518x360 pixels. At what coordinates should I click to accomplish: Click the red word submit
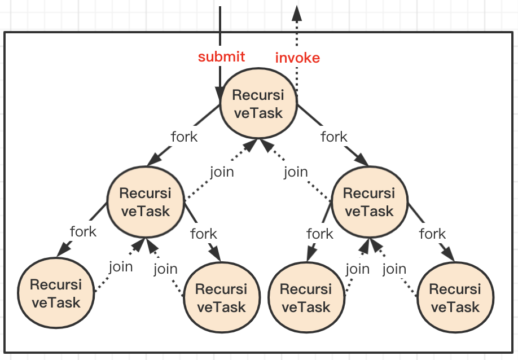(221, 56)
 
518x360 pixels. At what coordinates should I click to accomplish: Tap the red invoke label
(297, 58)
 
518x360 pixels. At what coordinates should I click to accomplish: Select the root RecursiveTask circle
(258, 103)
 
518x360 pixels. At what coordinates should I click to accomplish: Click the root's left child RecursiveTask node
(146, 201)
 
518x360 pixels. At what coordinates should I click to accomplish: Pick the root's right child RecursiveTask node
(370, 201)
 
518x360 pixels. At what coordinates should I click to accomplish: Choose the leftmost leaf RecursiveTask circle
(56, 293)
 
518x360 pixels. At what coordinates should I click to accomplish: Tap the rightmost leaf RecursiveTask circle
(455, 297)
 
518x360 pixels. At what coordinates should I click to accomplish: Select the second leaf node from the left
(221, 297)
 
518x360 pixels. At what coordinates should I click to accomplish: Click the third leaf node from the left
(306, 297)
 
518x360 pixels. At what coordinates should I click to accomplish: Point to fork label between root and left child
(185, 137)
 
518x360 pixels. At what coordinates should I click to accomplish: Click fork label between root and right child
(334, 137)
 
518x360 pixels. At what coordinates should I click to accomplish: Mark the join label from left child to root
(222, 172)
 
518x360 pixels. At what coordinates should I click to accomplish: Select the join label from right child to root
(296, 172)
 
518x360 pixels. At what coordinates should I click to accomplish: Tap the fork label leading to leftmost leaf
(84, 231)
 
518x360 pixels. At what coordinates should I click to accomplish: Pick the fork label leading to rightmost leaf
(432, 234)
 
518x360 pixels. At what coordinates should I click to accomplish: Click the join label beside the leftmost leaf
(121, 267)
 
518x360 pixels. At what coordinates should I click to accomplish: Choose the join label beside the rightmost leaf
(394, 269)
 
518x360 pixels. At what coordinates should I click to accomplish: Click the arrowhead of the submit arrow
(220, 94)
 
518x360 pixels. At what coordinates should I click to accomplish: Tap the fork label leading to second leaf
(204, 234)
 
